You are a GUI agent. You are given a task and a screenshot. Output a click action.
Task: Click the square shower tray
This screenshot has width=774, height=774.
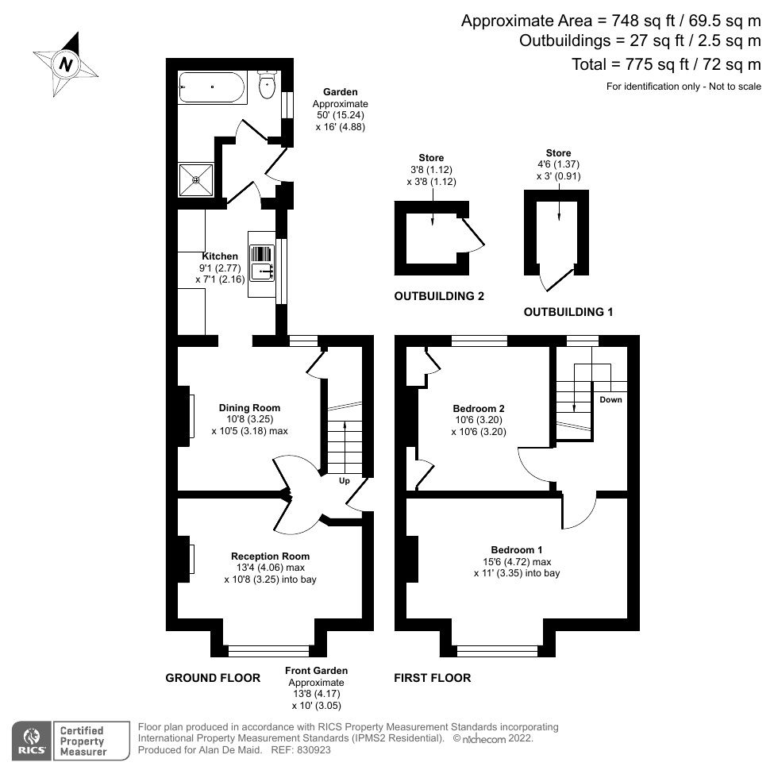tap(195, 179)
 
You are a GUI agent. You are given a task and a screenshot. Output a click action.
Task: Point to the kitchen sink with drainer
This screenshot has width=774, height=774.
tap(262, 263)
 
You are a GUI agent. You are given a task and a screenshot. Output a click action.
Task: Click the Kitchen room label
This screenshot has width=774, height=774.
tap(220, 256)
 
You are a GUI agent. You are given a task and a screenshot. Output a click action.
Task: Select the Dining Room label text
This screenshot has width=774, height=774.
tap(249, 408)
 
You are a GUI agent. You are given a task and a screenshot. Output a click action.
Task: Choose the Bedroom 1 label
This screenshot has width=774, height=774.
tap(516, 550)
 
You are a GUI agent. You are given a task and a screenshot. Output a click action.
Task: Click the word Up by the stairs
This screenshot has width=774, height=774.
tap(344, 481)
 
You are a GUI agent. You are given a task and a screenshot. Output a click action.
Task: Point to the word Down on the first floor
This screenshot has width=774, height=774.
tap(610, 399)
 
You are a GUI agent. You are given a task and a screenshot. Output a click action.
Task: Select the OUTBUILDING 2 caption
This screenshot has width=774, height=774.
tap(439, 296)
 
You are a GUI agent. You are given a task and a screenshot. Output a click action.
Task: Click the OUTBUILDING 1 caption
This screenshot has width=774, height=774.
tap(568, 312)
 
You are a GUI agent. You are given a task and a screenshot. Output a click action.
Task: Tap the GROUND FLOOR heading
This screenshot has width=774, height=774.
tap(213, 678)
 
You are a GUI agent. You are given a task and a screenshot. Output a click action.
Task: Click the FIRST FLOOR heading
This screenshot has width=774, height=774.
tap(432, 678)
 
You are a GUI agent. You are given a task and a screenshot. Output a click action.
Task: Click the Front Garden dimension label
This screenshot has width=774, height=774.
tap(316, 687)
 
